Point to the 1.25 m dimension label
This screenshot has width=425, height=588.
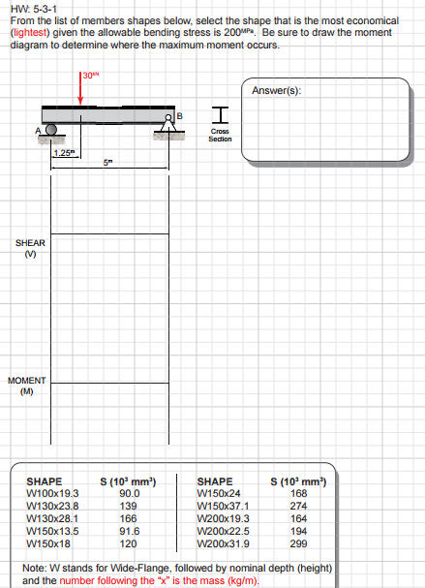pos(64,153)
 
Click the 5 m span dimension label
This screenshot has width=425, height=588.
pos(108,164)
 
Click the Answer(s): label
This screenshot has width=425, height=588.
pos(276,90)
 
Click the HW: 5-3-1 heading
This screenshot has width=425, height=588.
pos(32,9)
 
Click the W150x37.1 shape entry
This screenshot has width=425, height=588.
pos(223,505)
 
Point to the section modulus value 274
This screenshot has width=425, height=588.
pos(299,505)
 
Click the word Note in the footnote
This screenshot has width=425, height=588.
pos(33,568)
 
